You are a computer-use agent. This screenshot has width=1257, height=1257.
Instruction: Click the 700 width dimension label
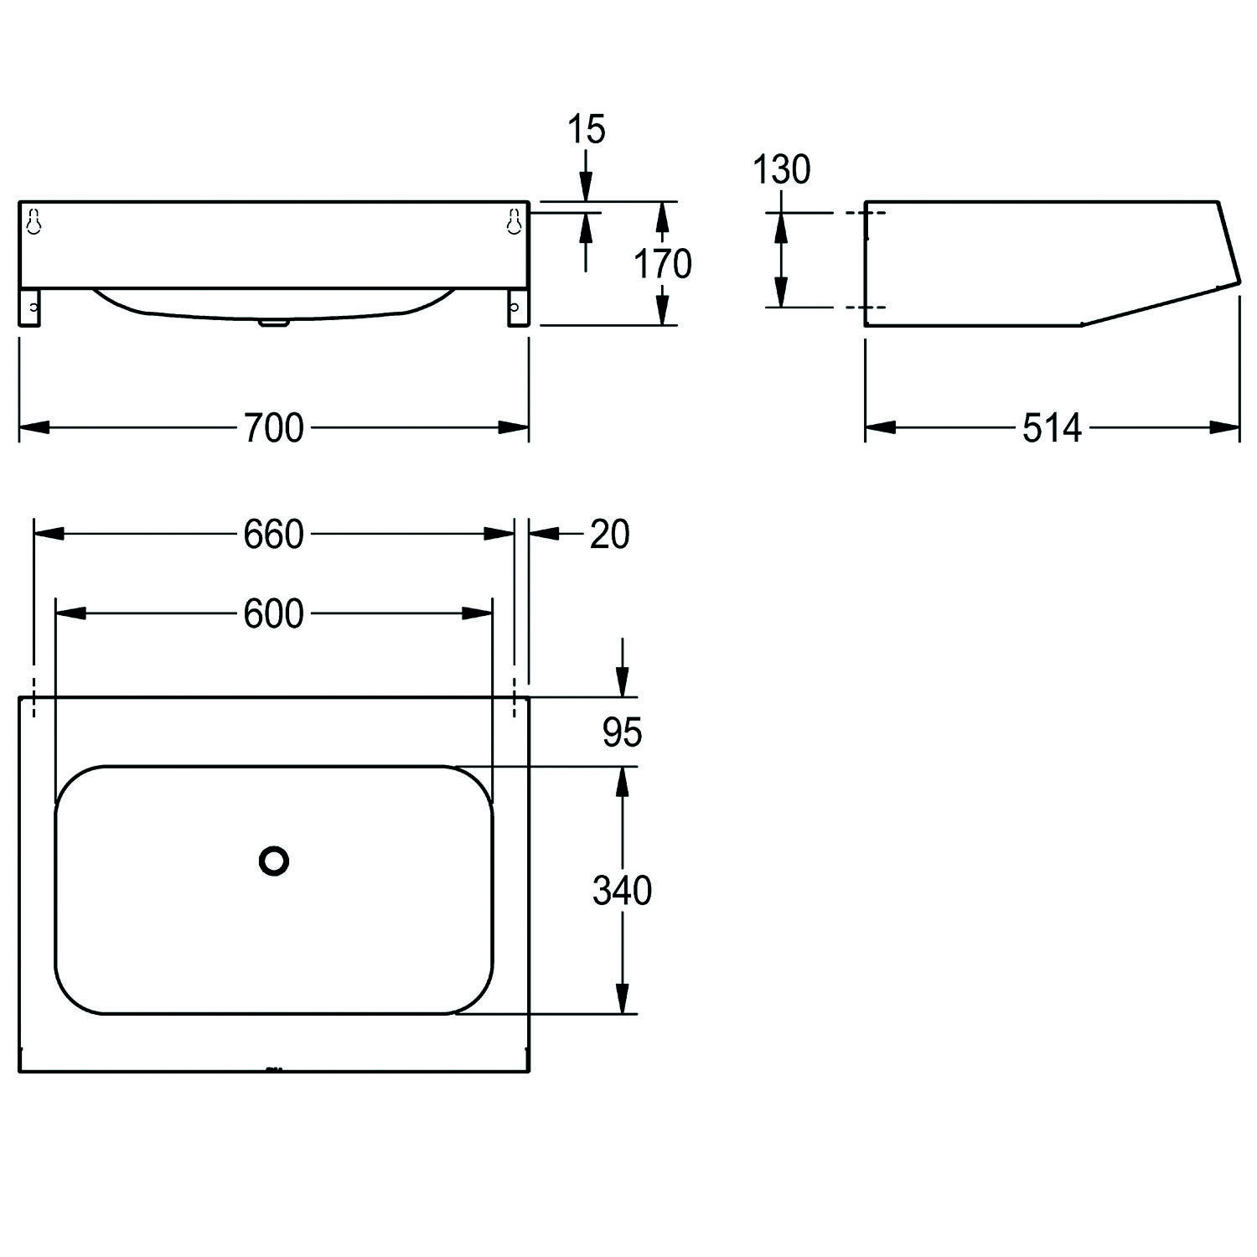273,428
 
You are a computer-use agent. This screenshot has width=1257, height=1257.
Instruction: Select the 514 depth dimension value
1052,428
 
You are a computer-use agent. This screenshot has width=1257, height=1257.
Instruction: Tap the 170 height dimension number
662,264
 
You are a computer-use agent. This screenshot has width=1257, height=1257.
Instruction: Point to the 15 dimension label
586,131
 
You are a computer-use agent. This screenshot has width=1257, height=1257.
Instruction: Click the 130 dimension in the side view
781,170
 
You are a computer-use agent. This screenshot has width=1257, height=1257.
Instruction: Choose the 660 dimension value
273,535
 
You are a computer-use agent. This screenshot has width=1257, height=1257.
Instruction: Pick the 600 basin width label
273,615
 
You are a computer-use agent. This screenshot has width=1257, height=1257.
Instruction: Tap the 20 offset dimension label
609,535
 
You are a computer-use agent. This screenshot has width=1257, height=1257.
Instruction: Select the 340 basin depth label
622,891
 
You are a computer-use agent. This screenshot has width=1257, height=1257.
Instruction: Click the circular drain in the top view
274,861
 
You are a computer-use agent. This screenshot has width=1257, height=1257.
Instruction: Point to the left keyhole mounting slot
34,221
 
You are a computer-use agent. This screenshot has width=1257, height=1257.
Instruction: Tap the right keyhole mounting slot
514,221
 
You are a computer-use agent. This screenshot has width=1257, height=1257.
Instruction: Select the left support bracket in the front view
30,308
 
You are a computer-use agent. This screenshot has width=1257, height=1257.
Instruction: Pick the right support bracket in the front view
517,308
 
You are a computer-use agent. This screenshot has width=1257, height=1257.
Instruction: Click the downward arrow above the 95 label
622,679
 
